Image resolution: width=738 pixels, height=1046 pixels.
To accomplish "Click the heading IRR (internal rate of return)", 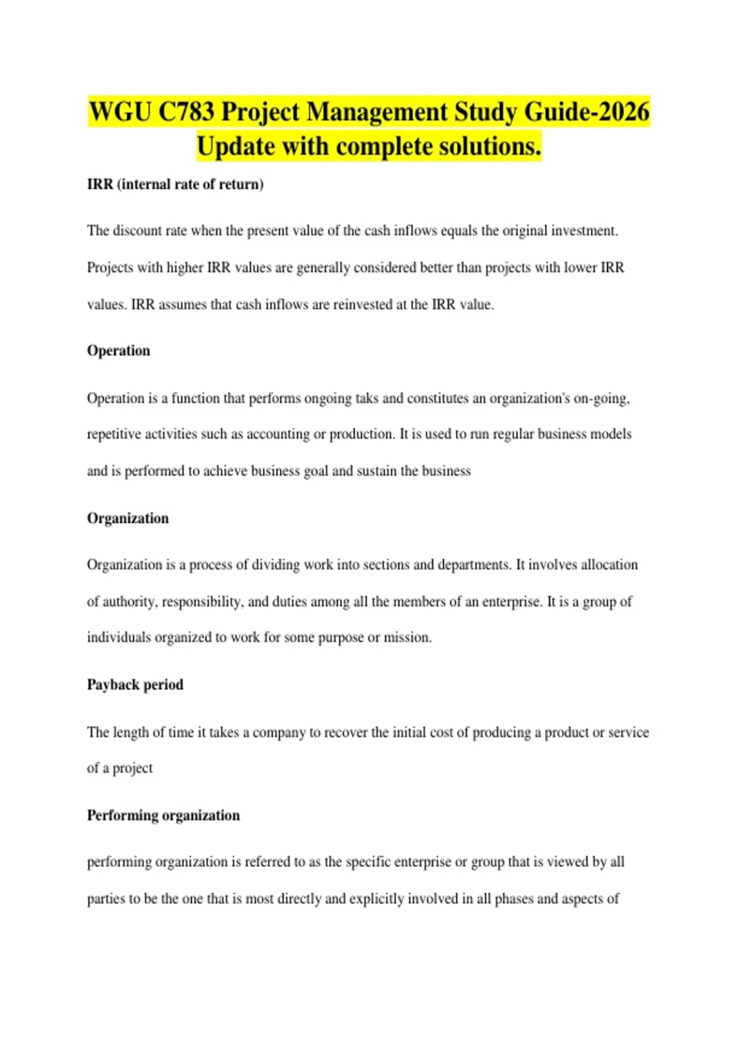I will [175, 184].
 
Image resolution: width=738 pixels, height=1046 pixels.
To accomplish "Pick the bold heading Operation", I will [119, 351].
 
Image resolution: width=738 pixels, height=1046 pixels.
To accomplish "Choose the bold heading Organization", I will [128, 518].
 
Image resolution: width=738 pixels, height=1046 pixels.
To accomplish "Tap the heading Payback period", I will [135, 685].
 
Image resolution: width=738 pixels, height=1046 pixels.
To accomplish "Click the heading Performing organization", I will [164, 815].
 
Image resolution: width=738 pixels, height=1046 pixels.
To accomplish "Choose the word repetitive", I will [114, 434].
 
